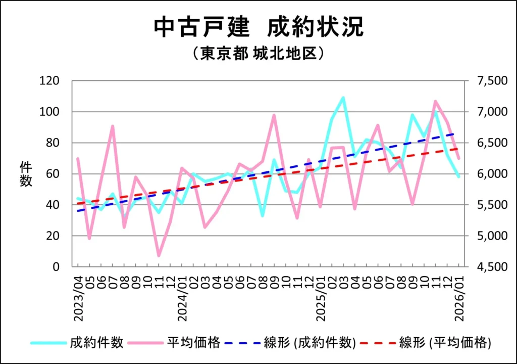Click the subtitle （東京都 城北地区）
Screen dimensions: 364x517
(258, 54)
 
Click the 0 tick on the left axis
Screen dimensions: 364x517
(56, 267)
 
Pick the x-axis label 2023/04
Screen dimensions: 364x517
(78, 296)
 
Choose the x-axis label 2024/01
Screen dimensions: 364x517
(182, 296)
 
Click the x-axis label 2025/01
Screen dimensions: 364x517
(321, 296)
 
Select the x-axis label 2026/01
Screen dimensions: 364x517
(459, 296)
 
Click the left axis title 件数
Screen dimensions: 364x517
(26, 174)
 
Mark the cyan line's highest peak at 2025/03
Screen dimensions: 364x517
(343, 98)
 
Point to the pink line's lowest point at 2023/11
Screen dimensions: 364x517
(159, 255)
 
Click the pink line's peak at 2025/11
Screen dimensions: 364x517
(435, 101)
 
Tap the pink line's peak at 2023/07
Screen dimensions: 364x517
(113, 126)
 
